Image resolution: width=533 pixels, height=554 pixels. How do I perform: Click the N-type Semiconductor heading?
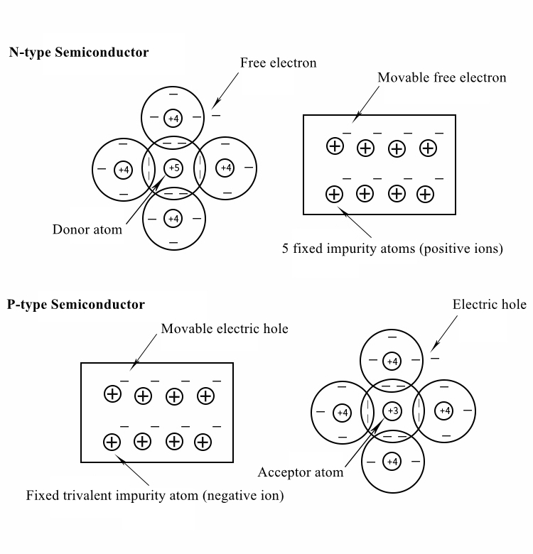click(79, 53)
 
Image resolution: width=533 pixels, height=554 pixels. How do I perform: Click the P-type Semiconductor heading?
click(76, 305)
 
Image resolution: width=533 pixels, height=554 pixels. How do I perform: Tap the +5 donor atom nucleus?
click(173, 168)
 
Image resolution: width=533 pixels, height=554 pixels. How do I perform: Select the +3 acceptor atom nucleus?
click(392, 411)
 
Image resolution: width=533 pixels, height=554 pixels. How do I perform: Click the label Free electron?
click(278, 63)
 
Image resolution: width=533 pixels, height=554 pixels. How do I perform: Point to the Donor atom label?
click(87, 229)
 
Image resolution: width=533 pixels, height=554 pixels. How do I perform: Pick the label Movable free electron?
click(441, 77)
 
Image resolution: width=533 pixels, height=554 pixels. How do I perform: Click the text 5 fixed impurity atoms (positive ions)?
click(393, 249)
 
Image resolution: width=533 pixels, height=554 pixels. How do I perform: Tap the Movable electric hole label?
click(225, 329)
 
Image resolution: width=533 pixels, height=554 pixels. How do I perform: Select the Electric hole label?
click(489, 305)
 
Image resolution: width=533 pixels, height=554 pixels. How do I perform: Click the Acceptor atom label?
click(301, 472)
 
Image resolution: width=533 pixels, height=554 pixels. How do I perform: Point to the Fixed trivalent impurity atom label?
click(155, 496)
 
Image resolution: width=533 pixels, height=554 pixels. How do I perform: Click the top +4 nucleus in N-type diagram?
click(173, 117)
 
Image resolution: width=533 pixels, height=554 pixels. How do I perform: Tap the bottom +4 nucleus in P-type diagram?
click(392, 462)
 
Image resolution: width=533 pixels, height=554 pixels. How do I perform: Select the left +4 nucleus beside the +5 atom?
click(124, 169)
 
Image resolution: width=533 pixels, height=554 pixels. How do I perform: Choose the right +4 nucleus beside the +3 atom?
click(444, 411)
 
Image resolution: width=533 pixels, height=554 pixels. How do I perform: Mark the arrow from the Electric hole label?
click(444, 332)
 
